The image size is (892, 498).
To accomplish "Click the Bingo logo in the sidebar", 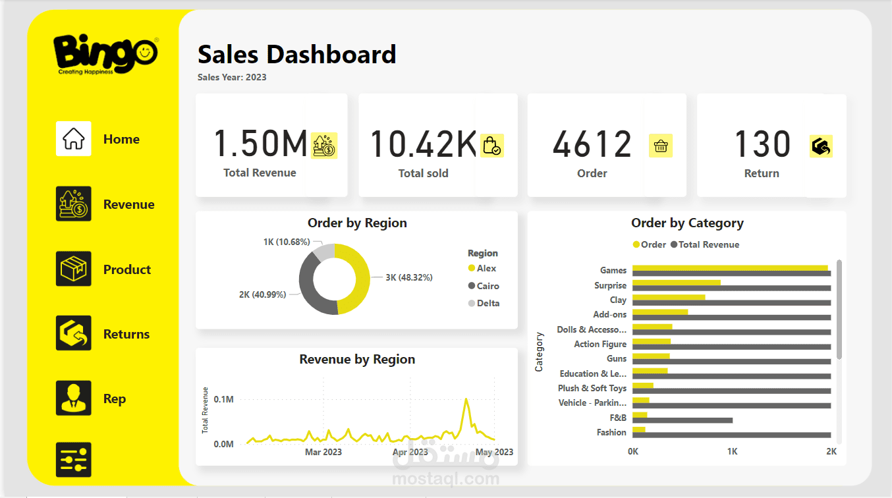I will [105, 54].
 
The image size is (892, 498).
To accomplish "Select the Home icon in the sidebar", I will [73, 139].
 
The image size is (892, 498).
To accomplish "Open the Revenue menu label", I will [128, 204].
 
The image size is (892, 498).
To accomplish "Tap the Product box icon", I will [73, 269].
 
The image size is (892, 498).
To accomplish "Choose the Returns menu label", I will [126, 334].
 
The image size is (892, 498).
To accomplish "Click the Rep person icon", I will [73, 398].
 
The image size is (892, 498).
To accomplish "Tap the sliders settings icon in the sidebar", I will [73, 459].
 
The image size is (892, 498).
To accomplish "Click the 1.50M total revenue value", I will [260, 144].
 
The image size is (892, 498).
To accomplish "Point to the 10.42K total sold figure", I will [422, 144].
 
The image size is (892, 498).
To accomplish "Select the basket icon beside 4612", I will [661, 146].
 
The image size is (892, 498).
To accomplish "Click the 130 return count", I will [762, 144].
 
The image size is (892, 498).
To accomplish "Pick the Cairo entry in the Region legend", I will [488, 286].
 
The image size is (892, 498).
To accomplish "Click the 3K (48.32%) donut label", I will [408, 277].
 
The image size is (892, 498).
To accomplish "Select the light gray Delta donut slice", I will [324, 252].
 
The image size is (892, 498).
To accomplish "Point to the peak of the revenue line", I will [466, 399].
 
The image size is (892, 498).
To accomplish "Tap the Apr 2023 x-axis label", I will [410, 452].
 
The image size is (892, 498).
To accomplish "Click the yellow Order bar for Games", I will [729, 268].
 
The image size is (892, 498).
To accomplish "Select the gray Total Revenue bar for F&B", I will [682, 420].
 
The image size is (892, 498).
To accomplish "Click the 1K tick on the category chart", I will [732, 452].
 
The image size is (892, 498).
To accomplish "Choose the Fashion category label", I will [611, 432].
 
